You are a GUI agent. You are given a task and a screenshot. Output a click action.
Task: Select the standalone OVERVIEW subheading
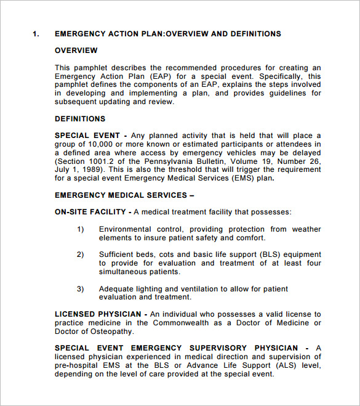[x=76, y=50]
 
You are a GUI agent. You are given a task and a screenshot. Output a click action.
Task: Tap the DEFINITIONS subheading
[x=80, y=119]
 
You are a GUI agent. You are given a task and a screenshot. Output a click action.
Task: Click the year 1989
[x=91, y=170]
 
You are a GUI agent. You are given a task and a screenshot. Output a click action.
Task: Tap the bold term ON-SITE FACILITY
[x=90, y=212]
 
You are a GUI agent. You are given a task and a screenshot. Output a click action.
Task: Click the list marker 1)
[x=81, y=229]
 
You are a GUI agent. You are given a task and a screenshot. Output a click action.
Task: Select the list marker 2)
[x=81, y=254]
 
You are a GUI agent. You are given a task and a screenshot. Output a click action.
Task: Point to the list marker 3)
[x=81, y=288]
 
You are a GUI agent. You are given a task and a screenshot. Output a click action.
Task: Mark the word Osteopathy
[x=112, y=331]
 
